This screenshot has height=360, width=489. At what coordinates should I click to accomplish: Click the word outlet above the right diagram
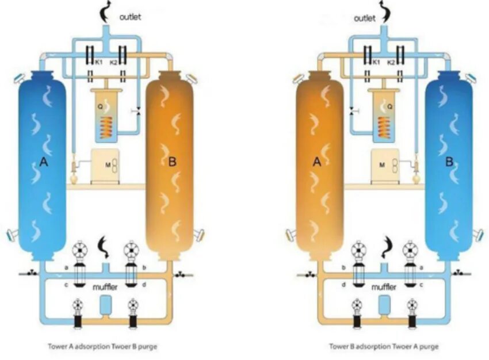tap(364, 18)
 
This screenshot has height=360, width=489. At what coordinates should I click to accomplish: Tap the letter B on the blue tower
tap(449, 163)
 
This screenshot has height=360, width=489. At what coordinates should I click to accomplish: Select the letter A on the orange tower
tap(316, 163)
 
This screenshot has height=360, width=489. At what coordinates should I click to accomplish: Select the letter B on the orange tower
tap(171, 162)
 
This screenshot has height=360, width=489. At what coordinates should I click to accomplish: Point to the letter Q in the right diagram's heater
tap(390, 106)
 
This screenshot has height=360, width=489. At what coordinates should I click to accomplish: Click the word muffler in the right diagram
tap(384, 286)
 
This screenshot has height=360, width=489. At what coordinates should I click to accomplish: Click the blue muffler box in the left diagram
tap(105, 304)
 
